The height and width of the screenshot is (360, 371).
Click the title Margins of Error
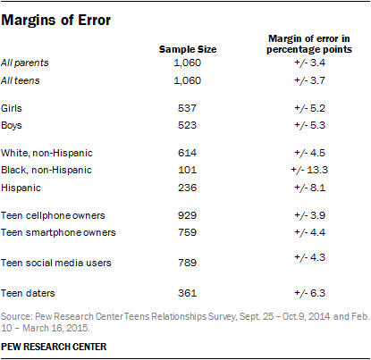56,21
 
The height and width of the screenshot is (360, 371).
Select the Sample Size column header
188,49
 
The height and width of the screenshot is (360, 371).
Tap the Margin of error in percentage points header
309,44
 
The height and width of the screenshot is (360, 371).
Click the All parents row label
25,63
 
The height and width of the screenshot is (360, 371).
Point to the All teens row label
21,80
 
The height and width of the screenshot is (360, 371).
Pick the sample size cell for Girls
187,108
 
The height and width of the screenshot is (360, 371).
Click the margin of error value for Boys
309,125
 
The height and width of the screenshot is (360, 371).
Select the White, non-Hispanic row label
46,153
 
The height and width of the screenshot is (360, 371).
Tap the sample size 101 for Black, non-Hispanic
187,170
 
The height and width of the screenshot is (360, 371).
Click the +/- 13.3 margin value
309,170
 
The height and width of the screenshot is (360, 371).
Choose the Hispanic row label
21,188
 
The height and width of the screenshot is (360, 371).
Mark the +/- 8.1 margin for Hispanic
309,188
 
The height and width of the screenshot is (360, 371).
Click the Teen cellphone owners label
53,215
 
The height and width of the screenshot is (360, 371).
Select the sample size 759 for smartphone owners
187,232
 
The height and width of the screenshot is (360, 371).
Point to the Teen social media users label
56,263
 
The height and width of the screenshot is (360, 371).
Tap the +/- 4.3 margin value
309,257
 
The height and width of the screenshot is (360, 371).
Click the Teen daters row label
28,293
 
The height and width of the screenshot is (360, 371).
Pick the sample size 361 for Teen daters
187,293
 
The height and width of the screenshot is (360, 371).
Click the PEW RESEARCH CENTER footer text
54,347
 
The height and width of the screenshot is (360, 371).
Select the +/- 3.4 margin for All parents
309,63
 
